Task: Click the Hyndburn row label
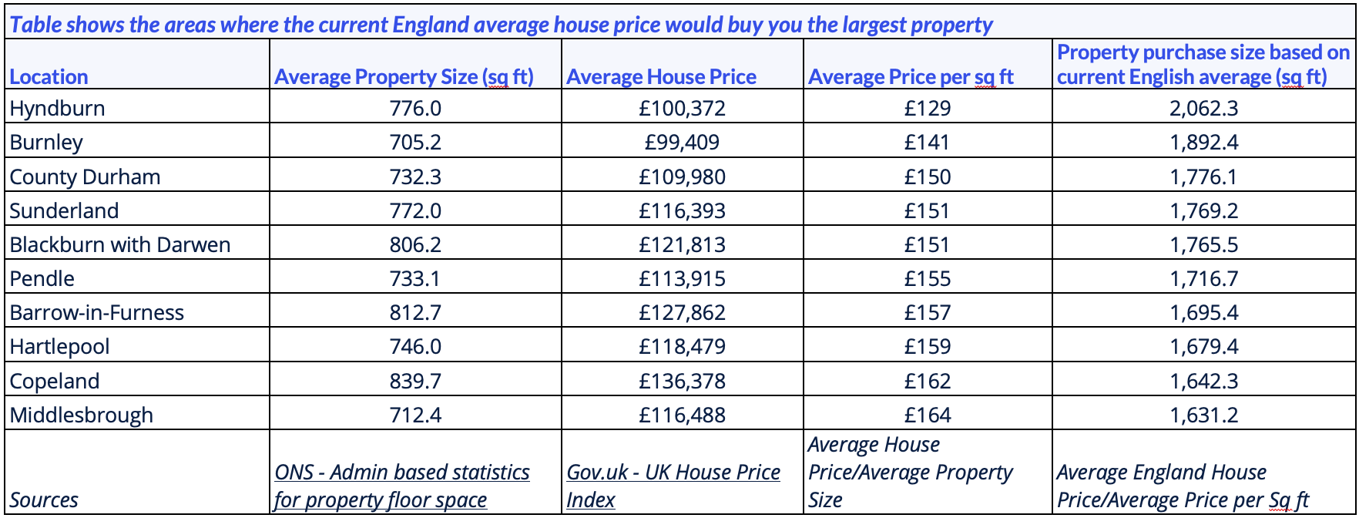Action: [x=58, y=108]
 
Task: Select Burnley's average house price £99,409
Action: [x=682, y=142]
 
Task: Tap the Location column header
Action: [x=49, y=76]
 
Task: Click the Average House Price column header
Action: [x=661, y=76]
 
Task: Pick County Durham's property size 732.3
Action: [x=415, y=177]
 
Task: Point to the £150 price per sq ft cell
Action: [x=928, y=177]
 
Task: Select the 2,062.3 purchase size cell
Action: [x=1203, y=108]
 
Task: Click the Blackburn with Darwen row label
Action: [x=120, y=244]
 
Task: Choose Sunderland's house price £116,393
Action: [x=682, y=210]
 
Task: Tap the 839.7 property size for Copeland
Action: [x=415, y=381]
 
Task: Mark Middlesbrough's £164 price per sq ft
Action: [x=928, y=415]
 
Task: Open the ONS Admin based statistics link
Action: [x=401, y=486]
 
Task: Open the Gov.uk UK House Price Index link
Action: [x=673, y=473]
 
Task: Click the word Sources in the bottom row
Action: [x=44, y=499]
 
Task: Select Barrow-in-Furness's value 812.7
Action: [x=415, y=312]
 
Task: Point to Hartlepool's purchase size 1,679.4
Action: [x=1203, y=346]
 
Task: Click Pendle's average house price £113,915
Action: [x=682, y=278]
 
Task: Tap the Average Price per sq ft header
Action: [x=911, y=76]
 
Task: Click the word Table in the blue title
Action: [x=35, y=25]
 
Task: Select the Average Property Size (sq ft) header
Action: [x=404, y=76]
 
